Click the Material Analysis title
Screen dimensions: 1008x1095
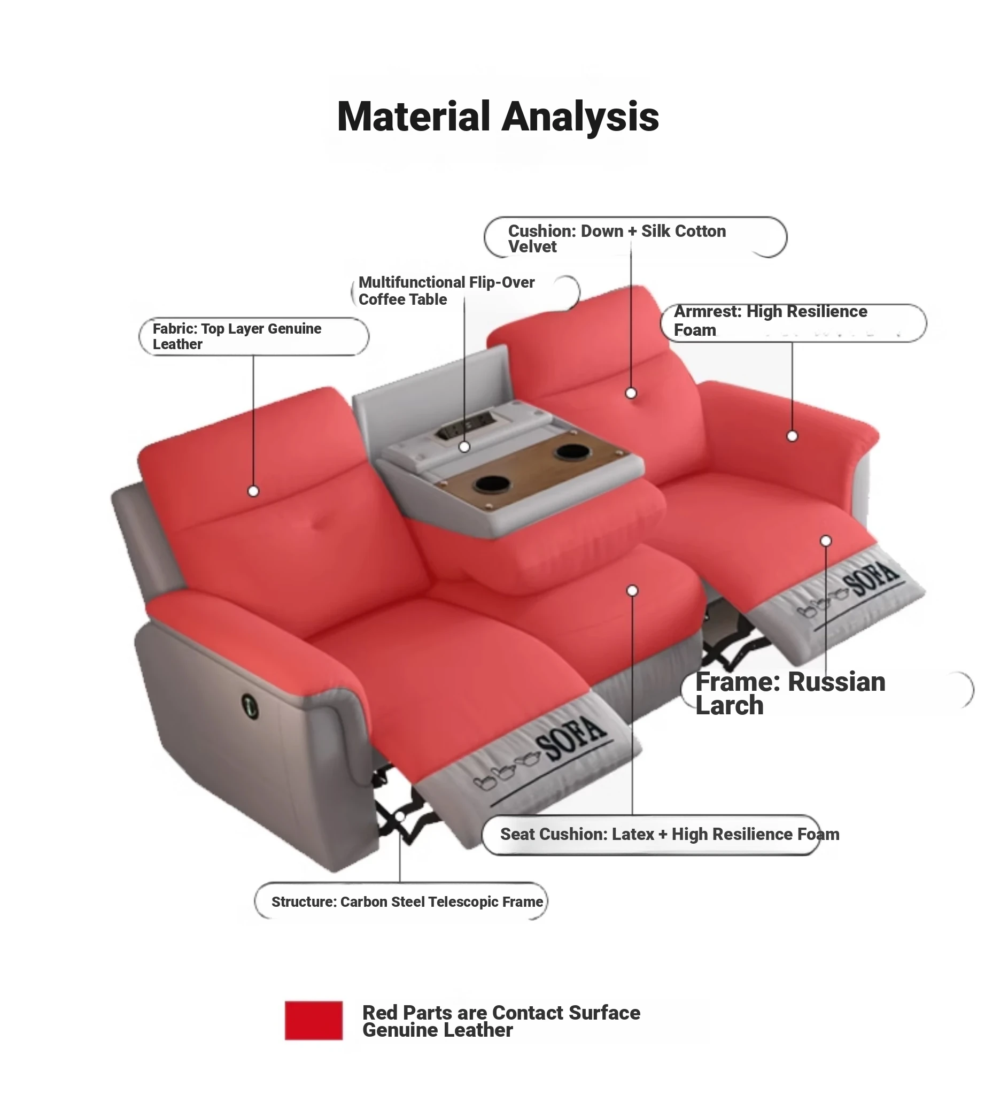(498, 116)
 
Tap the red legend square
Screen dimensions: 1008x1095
(314, 1020)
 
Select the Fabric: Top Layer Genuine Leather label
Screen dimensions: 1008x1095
(237, 336)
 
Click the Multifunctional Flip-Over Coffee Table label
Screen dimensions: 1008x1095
(446, 291)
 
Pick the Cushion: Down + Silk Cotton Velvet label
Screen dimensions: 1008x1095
(617, 238)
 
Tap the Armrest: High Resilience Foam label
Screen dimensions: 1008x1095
(770, 321)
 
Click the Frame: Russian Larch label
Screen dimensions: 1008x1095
(790, 693)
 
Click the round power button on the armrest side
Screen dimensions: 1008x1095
(250, 705)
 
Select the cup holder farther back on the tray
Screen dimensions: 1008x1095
(571, 451)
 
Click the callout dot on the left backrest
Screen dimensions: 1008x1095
(253, 491)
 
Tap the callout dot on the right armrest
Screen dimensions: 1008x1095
(792, 436)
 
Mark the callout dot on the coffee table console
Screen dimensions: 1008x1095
(464, 447)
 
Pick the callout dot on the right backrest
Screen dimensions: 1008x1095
(631, 393)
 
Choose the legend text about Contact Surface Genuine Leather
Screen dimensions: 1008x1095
(501, 1021)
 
